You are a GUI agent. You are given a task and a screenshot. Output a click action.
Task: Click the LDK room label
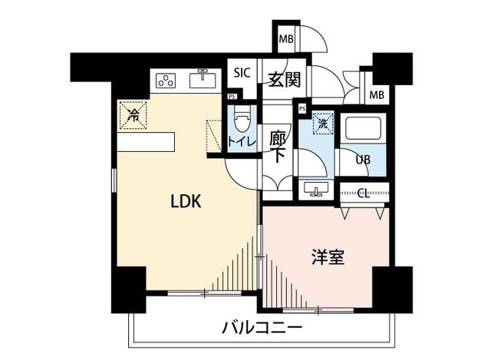[x=185, y=202]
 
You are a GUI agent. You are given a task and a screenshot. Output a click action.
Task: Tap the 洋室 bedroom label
[x=328, y=257]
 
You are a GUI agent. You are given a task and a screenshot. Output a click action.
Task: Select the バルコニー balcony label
[x=262, y=329]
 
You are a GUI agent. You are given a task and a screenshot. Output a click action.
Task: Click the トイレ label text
[x=242, y=140]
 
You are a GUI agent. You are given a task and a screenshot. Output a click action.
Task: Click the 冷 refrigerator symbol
[x=133, y=117]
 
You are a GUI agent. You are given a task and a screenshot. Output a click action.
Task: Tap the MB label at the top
[x=285, y=40]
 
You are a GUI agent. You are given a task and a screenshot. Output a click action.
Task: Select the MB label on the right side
[x=376, y=94]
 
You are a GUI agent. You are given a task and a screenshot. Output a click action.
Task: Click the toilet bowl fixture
[x=242, y=121]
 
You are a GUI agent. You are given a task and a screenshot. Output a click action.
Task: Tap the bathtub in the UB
[x=365, y=127]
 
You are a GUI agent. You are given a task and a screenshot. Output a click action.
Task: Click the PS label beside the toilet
[x=232, y=96]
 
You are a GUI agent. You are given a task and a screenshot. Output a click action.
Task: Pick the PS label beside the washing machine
[x=303, y=109]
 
